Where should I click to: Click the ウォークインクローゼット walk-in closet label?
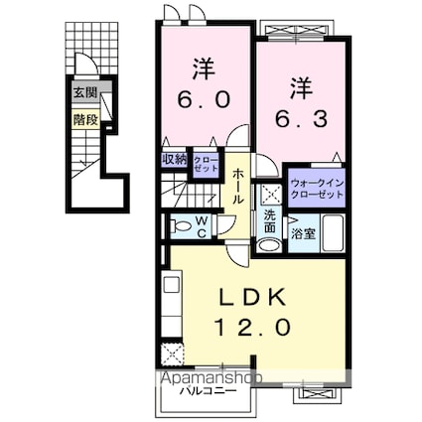(318, 189)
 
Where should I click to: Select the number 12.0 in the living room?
(250, 327)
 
